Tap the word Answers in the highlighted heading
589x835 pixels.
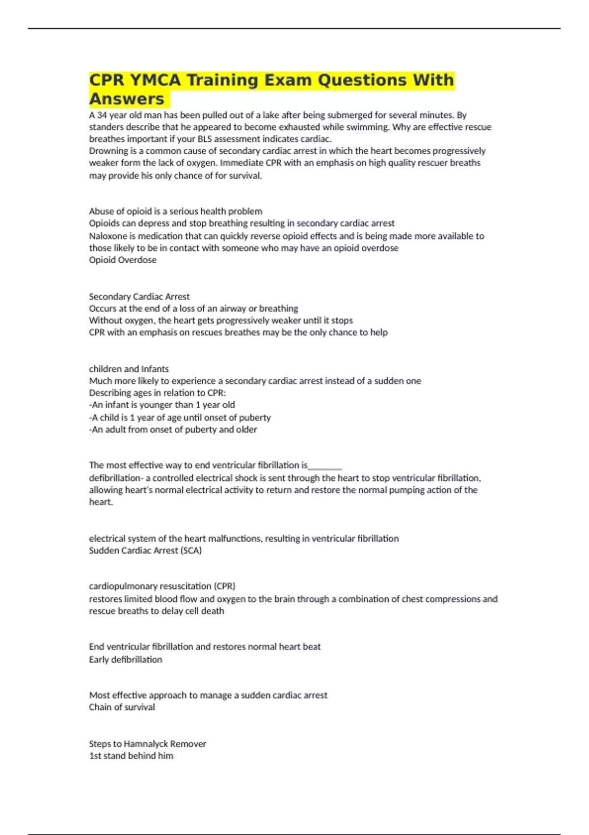click(127, 99)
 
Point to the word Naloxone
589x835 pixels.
click(108, 236)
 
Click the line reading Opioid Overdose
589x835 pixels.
click(123, 260)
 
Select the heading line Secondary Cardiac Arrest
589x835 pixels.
click(139, 297)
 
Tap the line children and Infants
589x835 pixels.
click(129, 369)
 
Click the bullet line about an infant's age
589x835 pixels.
click(162, 405)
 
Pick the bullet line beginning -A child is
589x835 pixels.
click(180, 417)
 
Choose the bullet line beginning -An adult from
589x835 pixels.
click(173, 429)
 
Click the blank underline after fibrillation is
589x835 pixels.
click(325, 466)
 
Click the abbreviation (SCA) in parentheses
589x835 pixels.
click(191, 551)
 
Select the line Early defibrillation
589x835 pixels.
click(125, 660)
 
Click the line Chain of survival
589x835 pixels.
click(122, 707)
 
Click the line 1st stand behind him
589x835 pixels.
click(131, 756)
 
